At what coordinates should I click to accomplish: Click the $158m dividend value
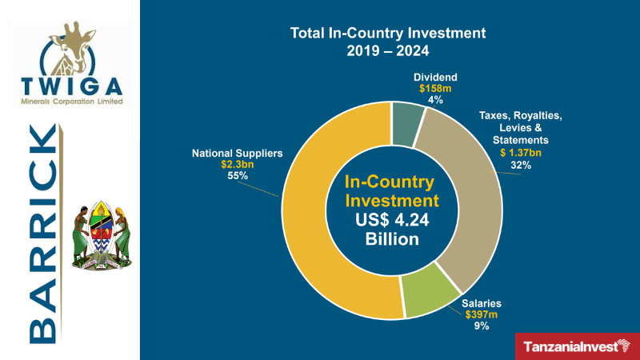(x=435, y=89)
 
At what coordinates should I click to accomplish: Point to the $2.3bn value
(x=237, y=164)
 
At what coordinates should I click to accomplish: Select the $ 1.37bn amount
(x=521, y=153)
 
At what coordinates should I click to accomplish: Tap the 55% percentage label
(x=237, y=176)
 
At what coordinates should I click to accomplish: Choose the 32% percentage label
(x=521, y=166)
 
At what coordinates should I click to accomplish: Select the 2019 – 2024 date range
(x=388, y=50)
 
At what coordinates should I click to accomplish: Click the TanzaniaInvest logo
(x=577, y=346)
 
